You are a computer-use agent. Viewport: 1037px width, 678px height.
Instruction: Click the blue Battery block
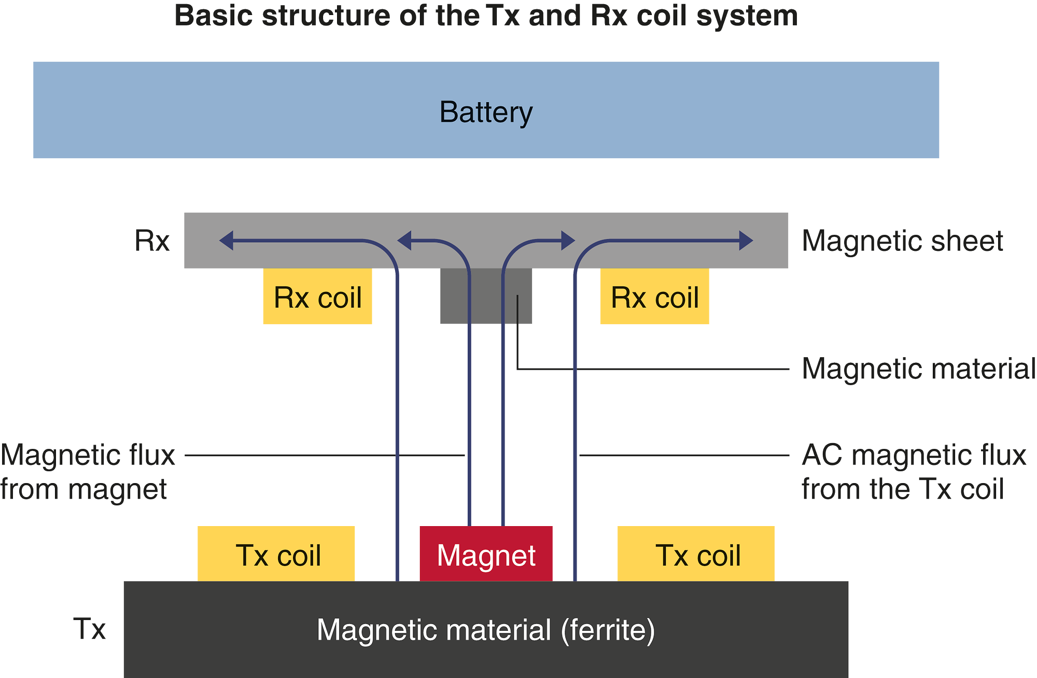click(486, 110)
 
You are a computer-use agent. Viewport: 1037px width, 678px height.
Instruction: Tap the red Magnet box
click(486, 555)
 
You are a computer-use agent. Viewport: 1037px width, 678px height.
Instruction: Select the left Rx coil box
click(317, 296)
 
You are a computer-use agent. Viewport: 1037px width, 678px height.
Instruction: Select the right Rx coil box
click(654, 296)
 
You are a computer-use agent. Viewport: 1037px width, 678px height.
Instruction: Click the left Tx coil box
click(276, 555)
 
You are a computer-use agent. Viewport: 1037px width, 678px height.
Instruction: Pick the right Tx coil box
click(696, 555)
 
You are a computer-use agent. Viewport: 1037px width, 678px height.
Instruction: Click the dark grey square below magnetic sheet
click(486, 296)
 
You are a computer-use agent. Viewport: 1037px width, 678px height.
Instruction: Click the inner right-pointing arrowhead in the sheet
click(568, 241)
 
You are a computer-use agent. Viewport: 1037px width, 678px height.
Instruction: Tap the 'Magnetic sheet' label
click(902, 241)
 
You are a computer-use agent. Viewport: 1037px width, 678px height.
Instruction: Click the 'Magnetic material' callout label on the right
click(918, 369)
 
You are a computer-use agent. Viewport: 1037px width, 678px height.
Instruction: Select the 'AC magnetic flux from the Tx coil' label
click(913, 472)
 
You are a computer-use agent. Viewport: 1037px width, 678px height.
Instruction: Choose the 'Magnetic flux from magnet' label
click(87, 472)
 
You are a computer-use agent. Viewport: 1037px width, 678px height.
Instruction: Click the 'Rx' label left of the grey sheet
click(152, 241)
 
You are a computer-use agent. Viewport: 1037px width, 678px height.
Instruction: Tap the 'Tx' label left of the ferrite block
click(89, 629)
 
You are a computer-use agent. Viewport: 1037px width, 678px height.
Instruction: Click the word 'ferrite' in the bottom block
click(608, 630)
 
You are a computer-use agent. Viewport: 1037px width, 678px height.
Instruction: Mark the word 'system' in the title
click(747, 16)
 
